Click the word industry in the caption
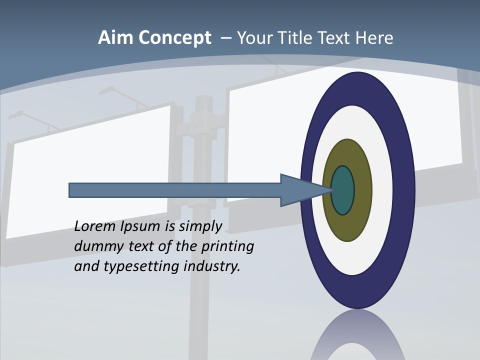[x=212, y=266]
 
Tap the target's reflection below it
[x=358, y=335]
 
